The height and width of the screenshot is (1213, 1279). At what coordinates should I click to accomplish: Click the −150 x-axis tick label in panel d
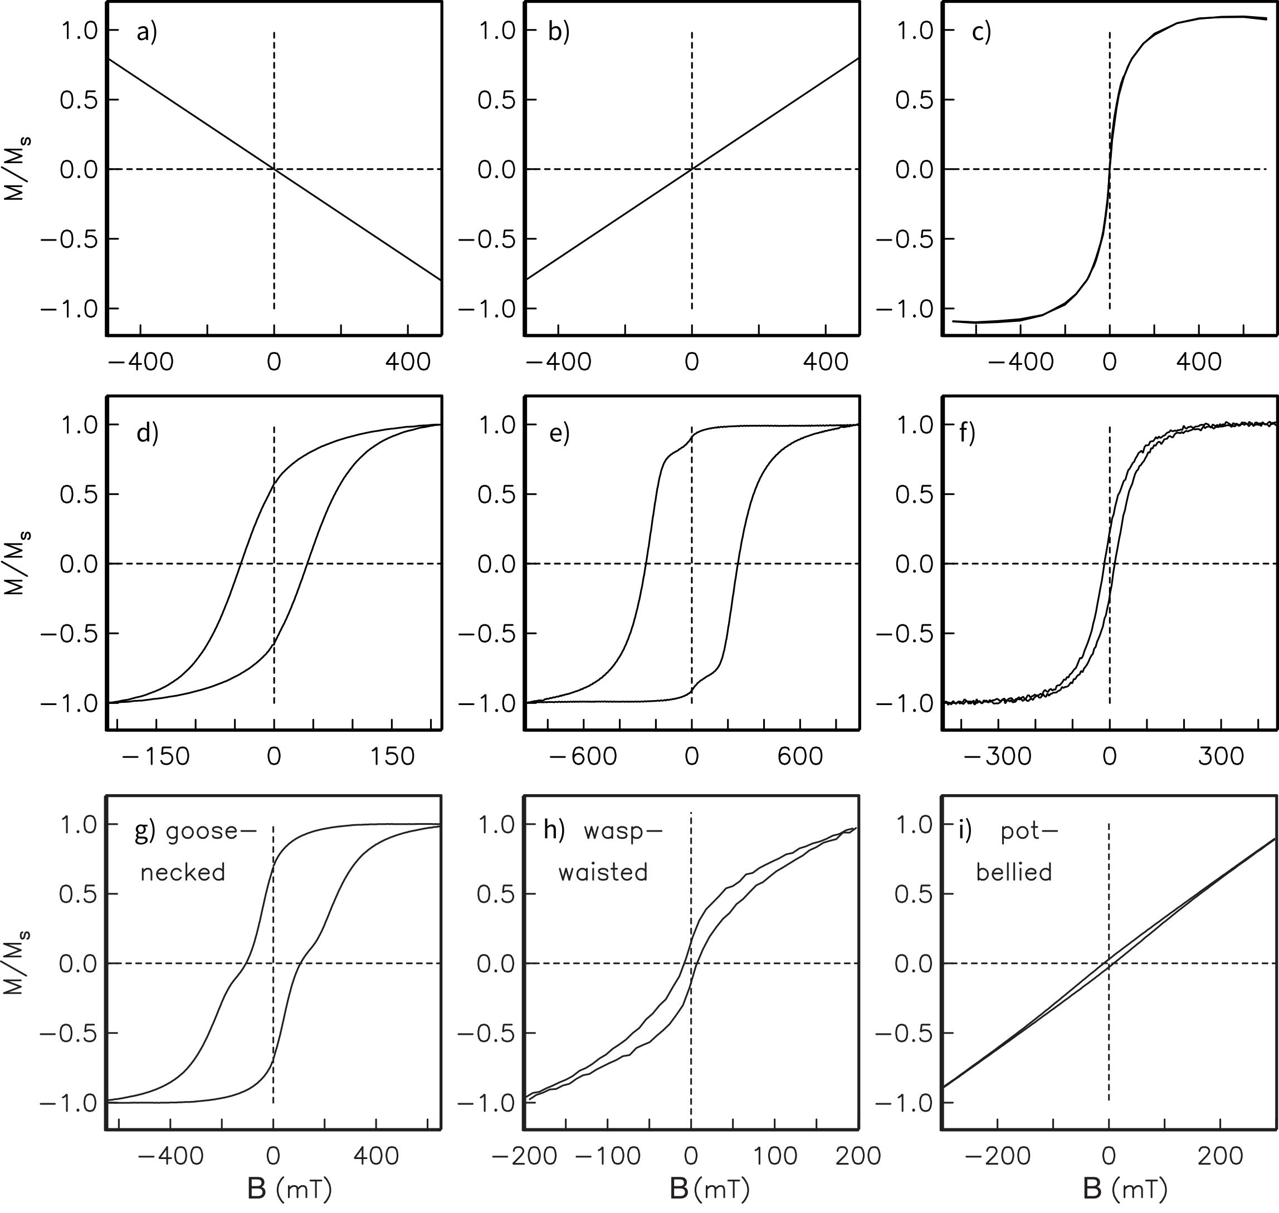coord(157,756)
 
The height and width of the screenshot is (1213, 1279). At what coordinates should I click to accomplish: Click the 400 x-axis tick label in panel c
coord(1199,363)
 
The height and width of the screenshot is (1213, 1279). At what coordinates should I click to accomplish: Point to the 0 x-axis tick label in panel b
coord(692,363)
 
